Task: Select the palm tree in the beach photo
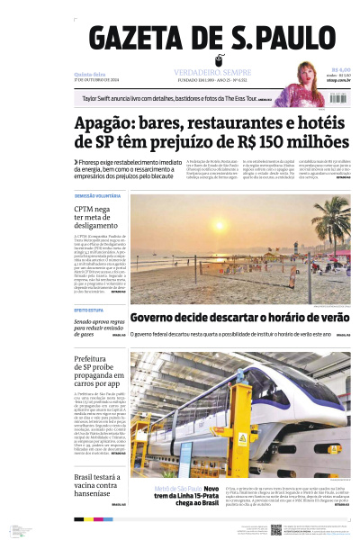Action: click(333, 225)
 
